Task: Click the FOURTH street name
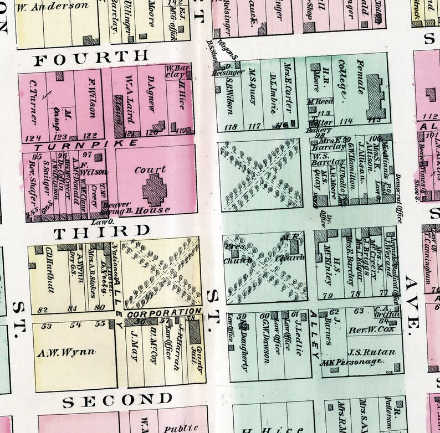[91, 56]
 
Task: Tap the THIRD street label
[102, 230]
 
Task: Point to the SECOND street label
[116, 399]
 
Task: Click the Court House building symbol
[155, 188]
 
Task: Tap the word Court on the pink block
[150, 170]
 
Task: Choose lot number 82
[43, 308]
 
